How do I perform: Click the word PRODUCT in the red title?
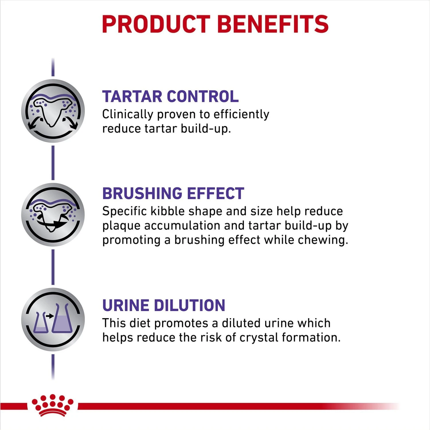[x=156, y=24]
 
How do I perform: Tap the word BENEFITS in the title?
[x=273, y=24]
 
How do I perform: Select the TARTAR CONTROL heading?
[x=170, y=96]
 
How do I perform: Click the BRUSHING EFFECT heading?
[x=173, y=193]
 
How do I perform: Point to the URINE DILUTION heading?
[x=164, y=305]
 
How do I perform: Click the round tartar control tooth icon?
[x=53, y=111]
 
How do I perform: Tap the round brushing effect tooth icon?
[x=53, y=214]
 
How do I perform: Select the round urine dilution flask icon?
[x=53, y=319]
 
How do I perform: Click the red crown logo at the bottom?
[x=53, y=405]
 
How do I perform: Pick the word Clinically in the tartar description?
[x=128, y=114]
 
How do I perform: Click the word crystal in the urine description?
[x=259, y=337]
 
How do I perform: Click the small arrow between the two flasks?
[x=50, y=316]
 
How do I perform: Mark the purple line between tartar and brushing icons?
[x=53, y=163]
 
